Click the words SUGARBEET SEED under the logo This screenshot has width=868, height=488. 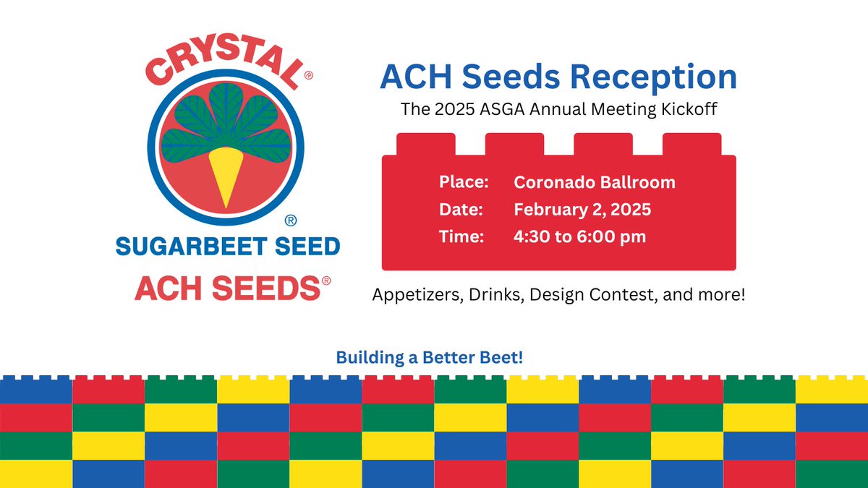pyautogui.click(x=227, y=247)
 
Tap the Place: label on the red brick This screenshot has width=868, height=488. pyautogui.click(x=464, y=181)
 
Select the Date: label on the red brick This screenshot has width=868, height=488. pyautogui.click(x=461, y=210)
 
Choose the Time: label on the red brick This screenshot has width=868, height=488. pyautogui.click(x=461, y=236)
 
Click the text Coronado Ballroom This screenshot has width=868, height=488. pyautogui.click(x=594, y=181)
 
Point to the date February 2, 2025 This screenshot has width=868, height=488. pyautogui.click(x=582, y=210)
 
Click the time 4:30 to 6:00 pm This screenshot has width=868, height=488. pyautogui.click(x=580, y=236)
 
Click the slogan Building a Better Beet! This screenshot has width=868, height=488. pyautogui.click(x=429, y=357)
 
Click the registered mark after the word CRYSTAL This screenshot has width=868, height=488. pyautogui.click(x=308, y=75)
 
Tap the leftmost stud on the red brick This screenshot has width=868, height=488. pyautogui.click(x=426, y=144)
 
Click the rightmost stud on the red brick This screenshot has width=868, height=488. pyautogui.click(x=692, y=144)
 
